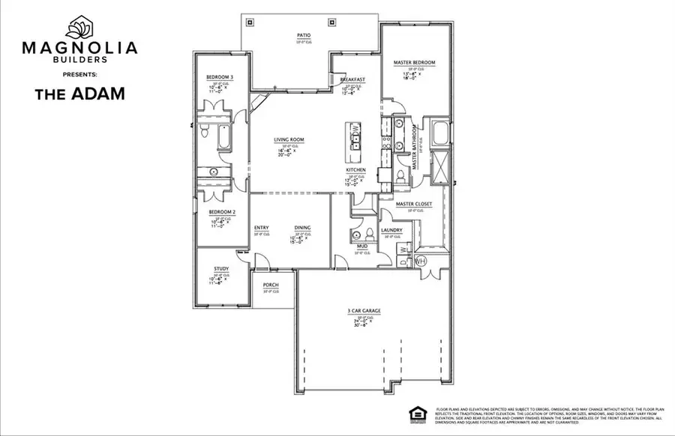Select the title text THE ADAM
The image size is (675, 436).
tap(79, 94)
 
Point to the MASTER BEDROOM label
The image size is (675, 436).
tap(414, 62)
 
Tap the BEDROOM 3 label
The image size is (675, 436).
tap(221, 78)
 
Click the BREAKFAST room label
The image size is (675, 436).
tap(352, 79)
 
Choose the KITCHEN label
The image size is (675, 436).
tap(355, 170)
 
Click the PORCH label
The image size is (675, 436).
tap(270, 285)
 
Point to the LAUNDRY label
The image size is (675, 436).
tap(391, 230)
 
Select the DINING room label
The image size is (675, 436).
tap(302, 228)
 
